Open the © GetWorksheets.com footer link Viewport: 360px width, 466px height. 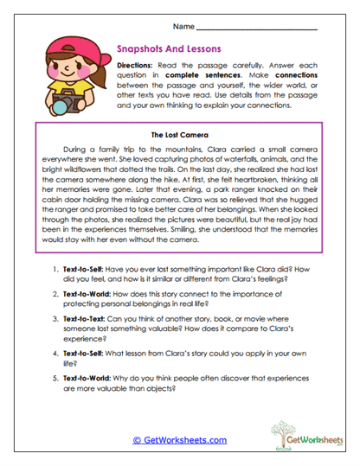coord(180,440)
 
